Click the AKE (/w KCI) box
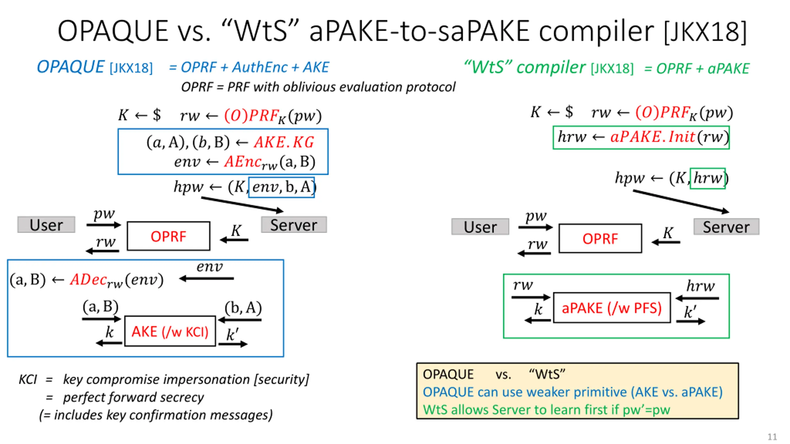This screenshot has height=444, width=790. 170,331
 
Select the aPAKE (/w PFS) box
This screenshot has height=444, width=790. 612,307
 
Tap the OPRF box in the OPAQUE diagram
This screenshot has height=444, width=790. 168,236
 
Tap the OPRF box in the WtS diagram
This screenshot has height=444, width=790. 600,238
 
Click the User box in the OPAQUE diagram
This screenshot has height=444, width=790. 46,225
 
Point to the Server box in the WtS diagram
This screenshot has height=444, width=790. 726,227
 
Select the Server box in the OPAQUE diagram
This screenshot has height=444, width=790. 294,225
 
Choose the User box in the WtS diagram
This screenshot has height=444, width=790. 480,227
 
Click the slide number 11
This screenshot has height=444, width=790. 772,437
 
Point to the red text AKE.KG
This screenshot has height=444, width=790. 284,142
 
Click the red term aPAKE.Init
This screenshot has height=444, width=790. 653,137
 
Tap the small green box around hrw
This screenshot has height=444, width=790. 708,178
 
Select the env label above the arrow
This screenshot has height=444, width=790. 210,266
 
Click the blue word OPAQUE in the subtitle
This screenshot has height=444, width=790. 70,67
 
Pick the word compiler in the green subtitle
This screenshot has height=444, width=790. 551,67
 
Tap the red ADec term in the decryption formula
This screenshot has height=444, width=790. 89,279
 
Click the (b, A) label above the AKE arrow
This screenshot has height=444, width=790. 243,308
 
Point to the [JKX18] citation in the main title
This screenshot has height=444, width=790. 705,31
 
